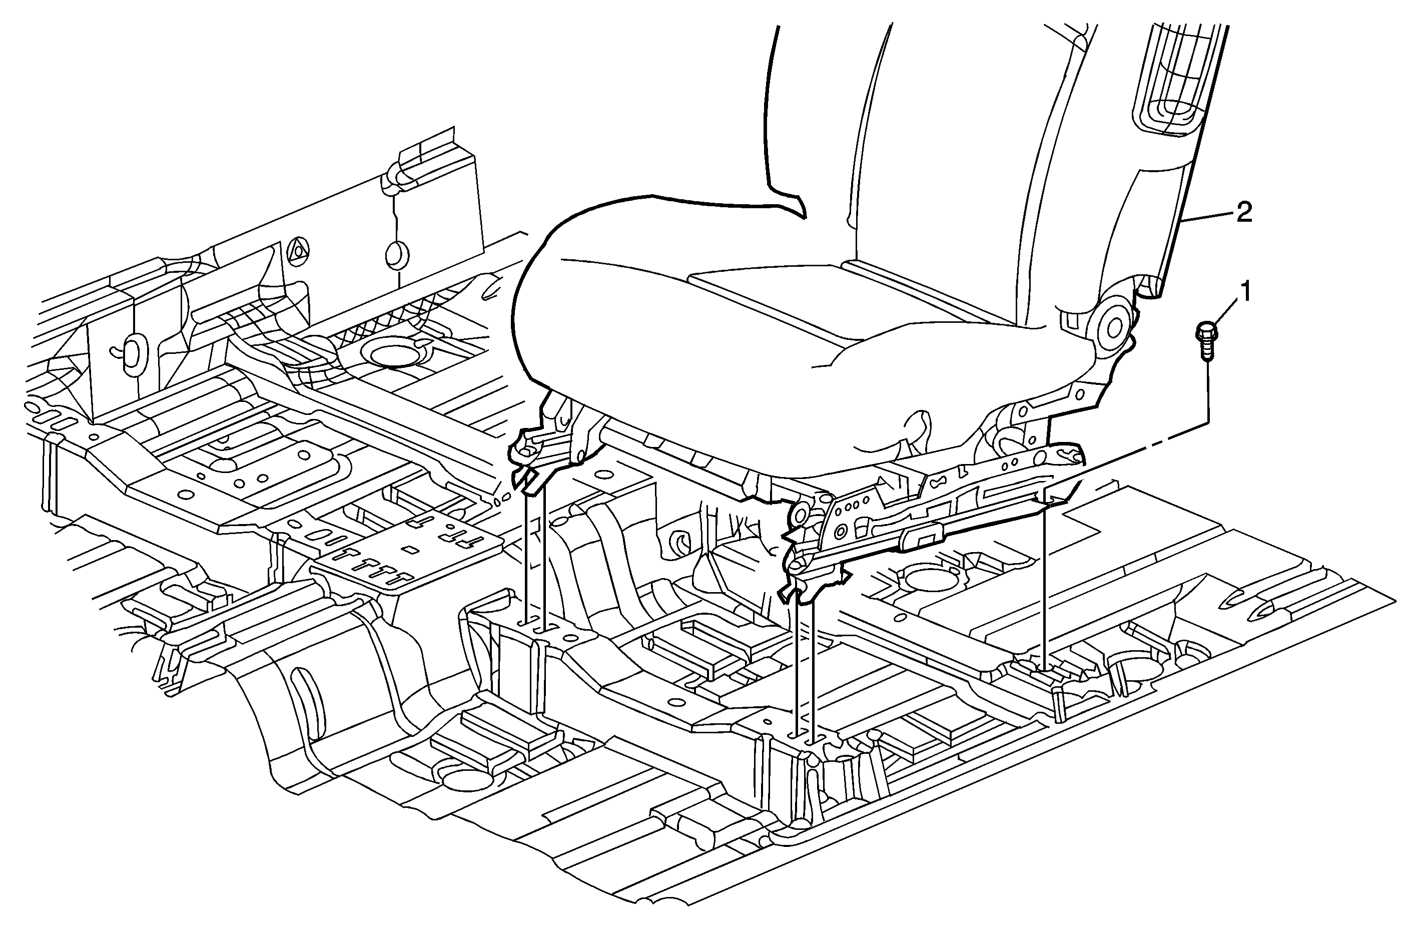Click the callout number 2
[x=1244, y=213]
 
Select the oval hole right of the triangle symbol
[x=395, y=254]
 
